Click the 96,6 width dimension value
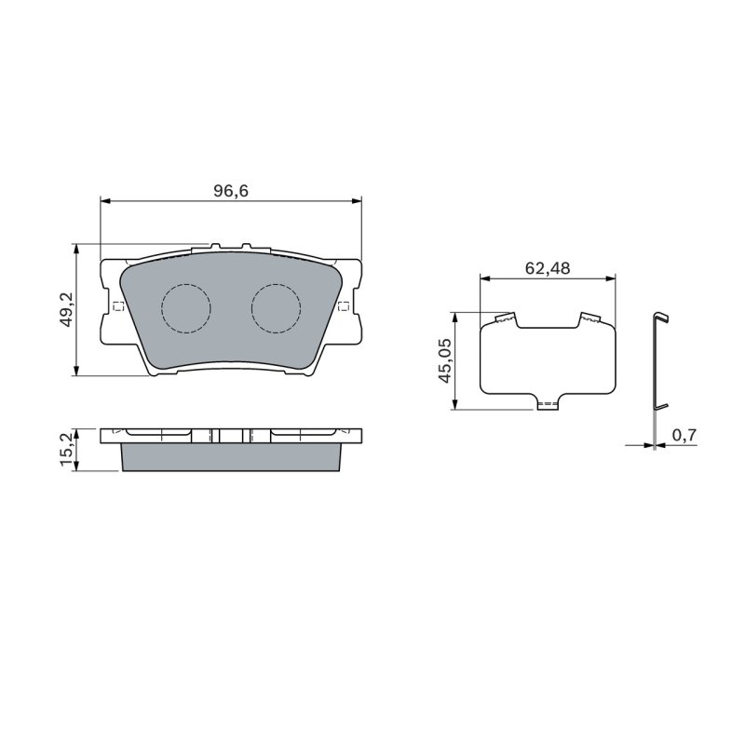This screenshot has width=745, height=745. coord(231,191)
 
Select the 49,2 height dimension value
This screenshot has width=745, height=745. coord(67,309)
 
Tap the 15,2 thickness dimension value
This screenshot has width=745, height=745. coord(67,449)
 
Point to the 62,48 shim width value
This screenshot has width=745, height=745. coord(548,268)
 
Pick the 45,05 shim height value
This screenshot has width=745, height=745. coord(445,360)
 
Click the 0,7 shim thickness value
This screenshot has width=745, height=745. coord(684,434)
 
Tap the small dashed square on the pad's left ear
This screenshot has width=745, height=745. coord(118,306)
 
